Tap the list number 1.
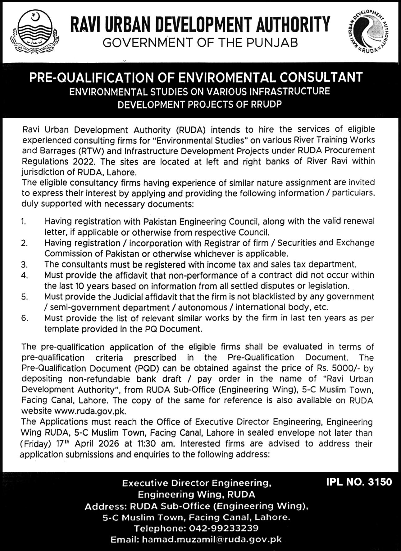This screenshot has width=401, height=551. pyautogui.click(x=24, y=221)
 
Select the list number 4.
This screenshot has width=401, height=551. pyautogui.click(x=24, y=275)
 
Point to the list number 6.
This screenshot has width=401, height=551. pyautogui.click(x=24, y=318)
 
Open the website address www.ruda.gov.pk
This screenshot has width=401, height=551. pyautogui.click(x=90, y=411)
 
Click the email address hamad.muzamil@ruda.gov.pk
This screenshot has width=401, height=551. pyautogui.click(x=212, y=539)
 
